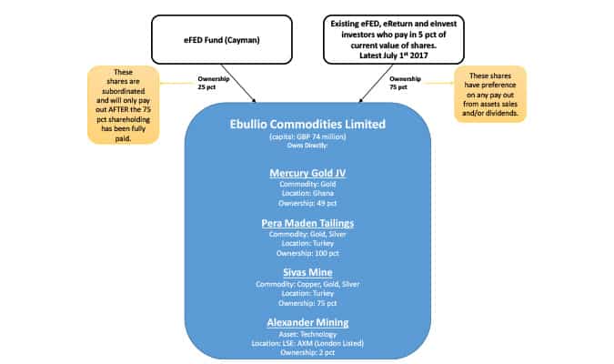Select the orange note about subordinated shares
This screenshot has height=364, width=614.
pyautogui.click(x=125, y=104)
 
